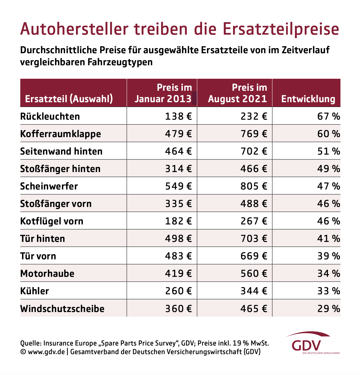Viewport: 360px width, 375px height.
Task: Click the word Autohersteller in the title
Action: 74,29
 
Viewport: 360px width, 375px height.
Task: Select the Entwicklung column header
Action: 308,99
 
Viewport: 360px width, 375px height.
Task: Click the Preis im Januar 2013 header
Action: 163,93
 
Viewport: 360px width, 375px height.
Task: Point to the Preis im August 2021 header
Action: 238,93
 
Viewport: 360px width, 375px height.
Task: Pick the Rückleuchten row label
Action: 50,117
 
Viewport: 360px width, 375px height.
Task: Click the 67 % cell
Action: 328,117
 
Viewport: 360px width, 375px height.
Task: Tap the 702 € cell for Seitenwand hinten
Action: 254,151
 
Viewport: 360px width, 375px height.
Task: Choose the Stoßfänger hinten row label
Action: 60,169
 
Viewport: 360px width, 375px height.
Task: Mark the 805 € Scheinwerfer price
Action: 254,186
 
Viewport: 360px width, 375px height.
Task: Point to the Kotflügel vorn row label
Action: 52,221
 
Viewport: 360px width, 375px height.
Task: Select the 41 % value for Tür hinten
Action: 328,239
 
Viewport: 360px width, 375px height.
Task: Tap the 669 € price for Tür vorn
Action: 254,256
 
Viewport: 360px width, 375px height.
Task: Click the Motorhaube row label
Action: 47,274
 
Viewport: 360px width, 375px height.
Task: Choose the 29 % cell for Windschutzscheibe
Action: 328,309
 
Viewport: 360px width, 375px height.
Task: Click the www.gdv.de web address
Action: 46,352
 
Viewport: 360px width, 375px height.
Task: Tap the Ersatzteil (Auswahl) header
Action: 69,99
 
